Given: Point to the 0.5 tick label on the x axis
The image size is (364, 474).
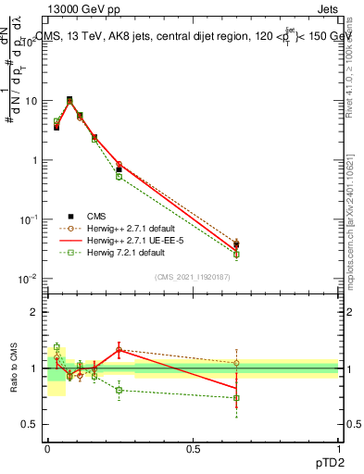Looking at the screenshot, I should (193, 448).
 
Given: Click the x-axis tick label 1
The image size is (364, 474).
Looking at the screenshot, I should (339, 448).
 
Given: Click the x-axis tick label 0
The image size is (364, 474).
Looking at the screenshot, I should (47, 448).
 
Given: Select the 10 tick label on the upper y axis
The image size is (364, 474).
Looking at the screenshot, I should (31, 101).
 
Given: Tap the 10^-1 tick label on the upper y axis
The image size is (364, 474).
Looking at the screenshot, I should (29, 219).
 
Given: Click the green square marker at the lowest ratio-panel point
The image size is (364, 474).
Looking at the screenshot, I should (236, 398).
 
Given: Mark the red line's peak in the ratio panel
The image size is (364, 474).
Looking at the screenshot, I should (119, 349).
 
